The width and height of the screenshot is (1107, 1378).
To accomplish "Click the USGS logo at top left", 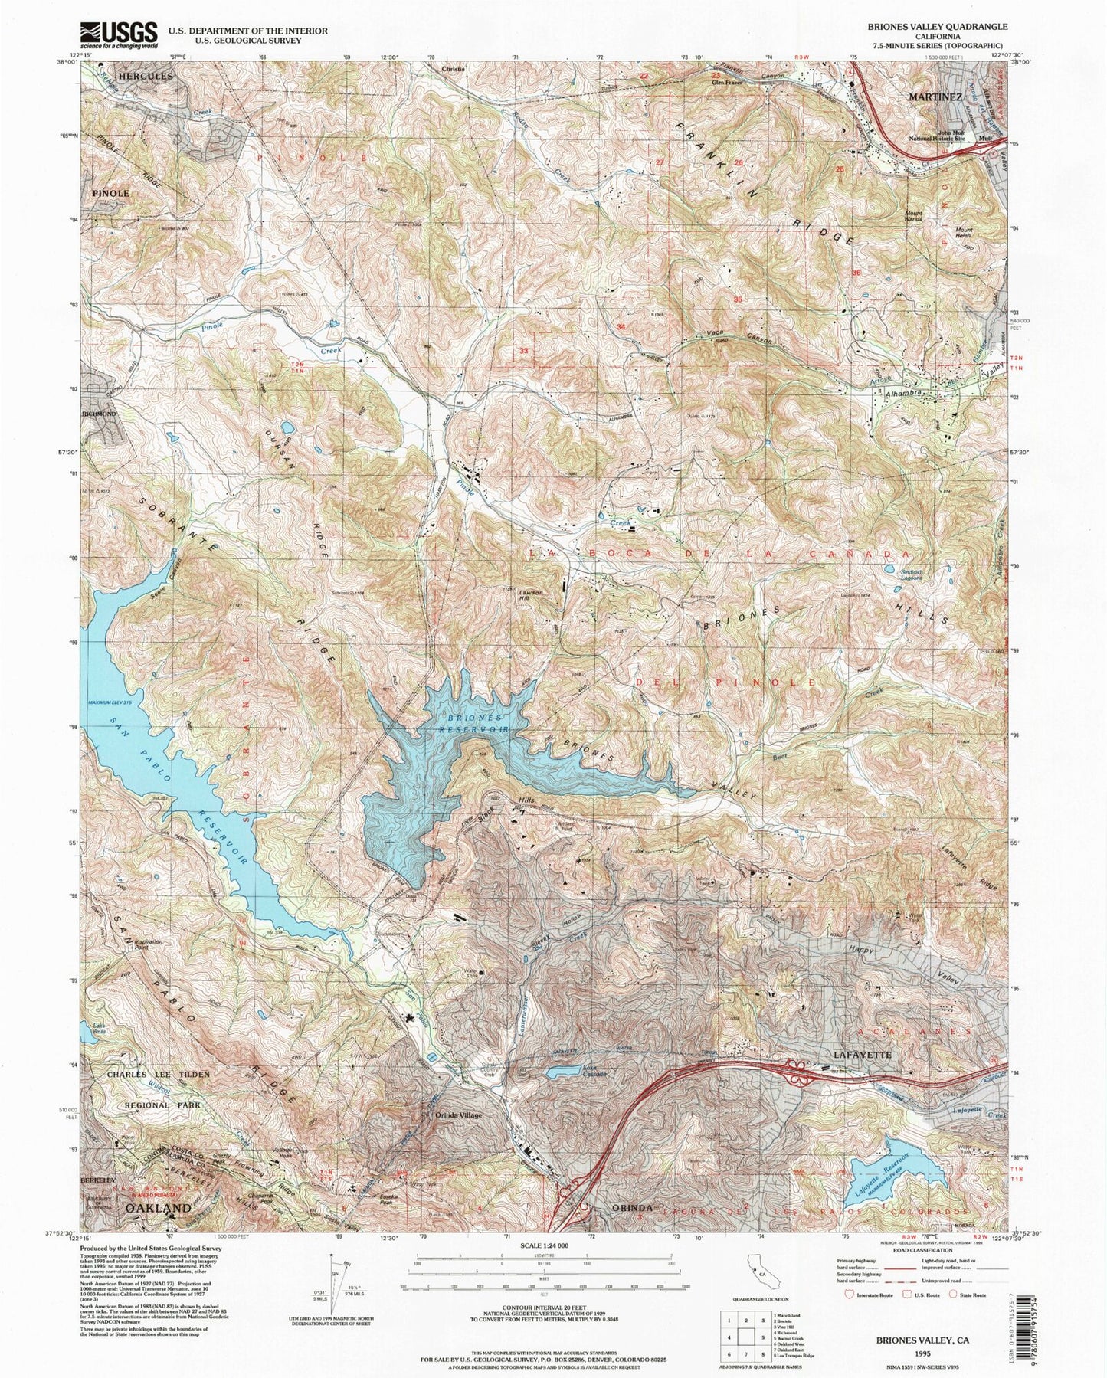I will pyautogui.click(x=119, y=34).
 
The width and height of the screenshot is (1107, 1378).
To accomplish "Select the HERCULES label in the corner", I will pyautogui.click(x=146, y=77).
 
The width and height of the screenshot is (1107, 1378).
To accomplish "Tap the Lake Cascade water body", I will pyautogui.click(x=565, y=1072).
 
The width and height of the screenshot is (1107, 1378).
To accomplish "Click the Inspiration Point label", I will pyautogui.click(x=149, y=944).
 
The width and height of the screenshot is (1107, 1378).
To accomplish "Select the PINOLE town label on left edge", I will pyautogui.click(x=112, y=194).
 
